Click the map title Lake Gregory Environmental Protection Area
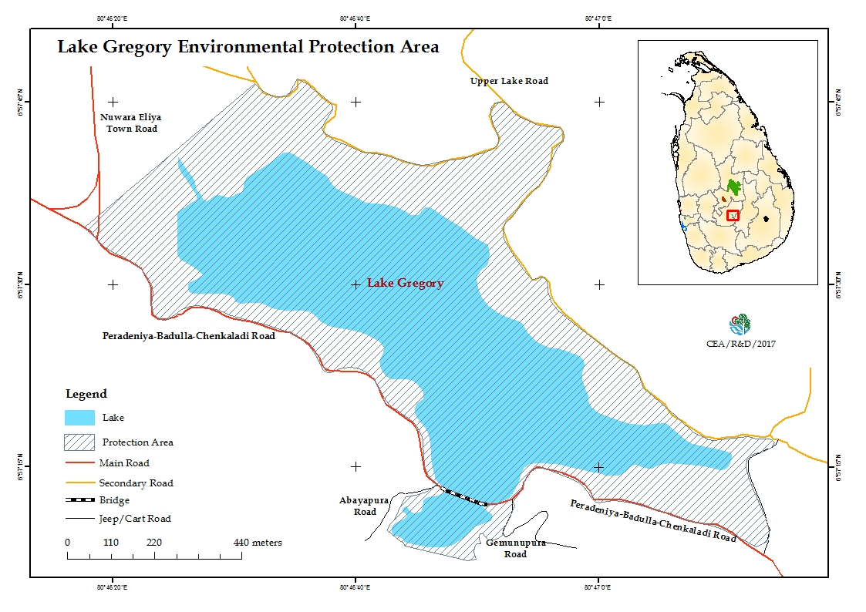pyautogui.click(x=248, y=46)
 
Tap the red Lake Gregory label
pyautogui.click(x=405, y=283)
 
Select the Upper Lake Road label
pyautogui.click(x=509, y=81)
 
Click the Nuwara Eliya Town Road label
pyautogui.click(x=129, y=123)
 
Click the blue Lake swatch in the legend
pyautogui.click(x=79, y=418)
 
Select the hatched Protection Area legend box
pyautogui.click(x=79, y=442)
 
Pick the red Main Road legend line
pyautogui.click(x=79, y=463)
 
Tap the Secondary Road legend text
pyautogui.click(x=136, y=483)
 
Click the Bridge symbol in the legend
pyautogui.click(x=79, y=500)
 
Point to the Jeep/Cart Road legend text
pyautogui.click(x=135, y=519)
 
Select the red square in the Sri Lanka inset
pyautogui.click(x=733, y=215)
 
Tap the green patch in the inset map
pyautogui.click(x=734, y=187)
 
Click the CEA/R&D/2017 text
pyautogui.click(x=741, y=344)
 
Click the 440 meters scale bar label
pyautogui.click(x=258, y=543)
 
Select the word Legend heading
pyautogui.click(x=86, y=394)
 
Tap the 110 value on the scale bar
pyautogui.click(x=111, y=543)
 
